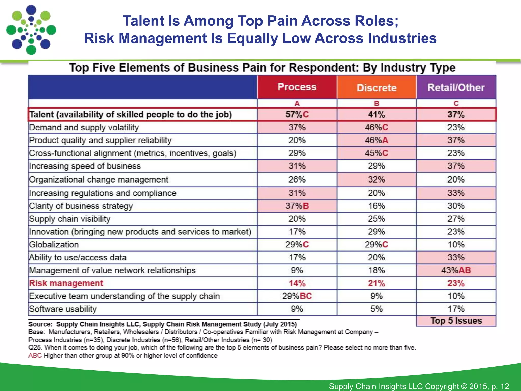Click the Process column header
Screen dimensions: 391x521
click(x=297, y=87)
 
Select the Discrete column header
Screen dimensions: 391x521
click(x=377, y=88)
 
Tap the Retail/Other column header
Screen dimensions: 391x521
click(x=456, y=87)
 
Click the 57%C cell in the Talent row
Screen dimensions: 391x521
click(x=297, y=115)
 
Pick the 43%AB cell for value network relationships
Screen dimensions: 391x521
click(x=456, y=270)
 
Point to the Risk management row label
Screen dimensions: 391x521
click(x=66, y=283)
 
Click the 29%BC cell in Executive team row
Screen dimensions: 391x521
click(x=297, y=296)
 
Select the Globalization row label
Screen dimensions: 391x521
click(x=54, y=245)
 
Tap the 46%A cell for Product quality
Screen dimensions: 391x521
click(x=377, y=140)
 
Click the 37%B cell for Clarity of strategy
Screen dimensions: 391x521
click(x=297, y=206)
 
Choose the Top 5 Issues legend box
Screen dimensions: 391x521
click(x=456, y=321)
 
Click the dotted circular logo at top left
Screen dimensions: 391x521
click(x=31, y=30)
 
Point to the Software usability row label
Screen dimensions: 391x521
click(x=63, y=309)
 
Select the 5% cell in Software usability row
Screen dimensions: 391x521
click(x=377, y=309)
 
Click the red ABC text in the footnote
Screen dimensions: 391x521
click(x=35, y=356)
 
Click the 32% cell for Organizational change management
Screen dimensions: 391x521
click(x=377, y=180)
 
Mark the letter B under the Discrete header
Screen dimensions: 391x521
click(x=377, y=103)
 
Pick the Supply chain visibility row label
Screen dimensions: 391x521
click(x=70, y=219)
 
